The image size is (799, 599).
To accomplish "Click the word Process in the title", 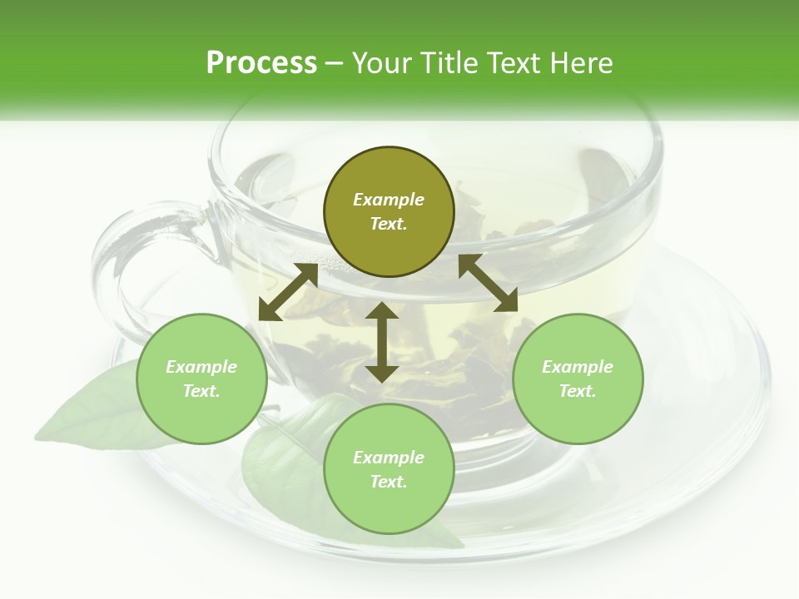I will click(x=261, y=63).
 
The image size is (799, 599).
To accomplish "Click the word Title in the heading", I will click(x=448, y=63).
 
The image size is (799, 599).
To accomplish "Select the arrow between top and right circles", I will click(x=489, y=283).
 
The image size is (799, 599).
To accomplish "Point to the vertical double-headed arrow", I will click(x=382, y=342).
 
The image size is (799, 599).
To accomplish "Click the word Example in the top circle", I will click(x=389, y=200).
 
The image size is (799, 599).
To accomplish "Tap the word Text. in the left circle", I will click(x=201, y=391).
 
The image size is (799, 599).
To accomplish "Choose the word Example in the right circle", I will click(x=578, y=367).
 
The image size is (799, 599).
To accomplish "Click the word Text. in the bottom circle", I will click(x=389, y=482).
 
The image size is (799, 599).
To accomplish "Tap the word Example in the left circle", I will click(x=201, y=367).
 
